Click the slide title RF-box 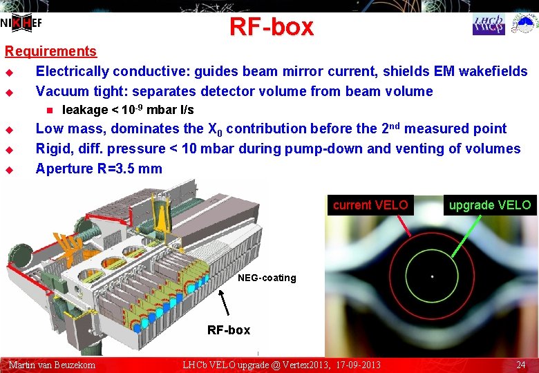point(271,27)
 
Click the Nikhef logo point(22,23)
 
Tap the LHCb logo point(489,23)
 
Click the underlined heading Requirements point(50,51)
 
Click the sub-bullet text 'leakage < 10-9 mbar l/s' point(128,110)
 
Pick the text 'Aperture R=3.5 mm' point(99,169)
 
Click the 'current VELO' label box point(370,205)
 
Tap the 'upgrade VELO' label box point(489,205)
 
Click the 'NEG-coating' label point(267,278)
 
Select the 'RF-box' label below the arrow point(229,329)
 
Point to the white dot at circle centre point(432,276)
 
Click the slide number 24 point(520,365)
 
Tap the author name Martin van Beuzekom point(52,365)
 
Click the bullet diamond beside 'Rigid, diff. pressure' point(9,149)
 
